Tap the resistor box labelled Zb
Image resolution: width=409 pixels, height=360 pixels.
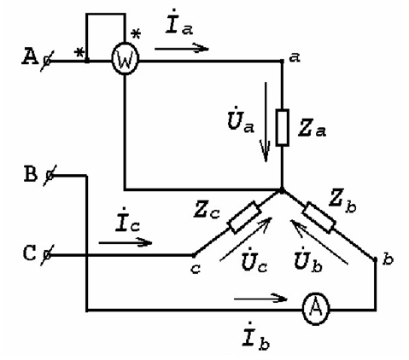click(x=318, y=218)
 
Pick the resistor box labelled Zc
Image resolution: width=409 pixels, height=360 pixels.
click(x=245, y=218)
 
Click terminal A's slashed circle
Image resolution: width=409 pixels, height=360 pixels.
click(x=46, y=61)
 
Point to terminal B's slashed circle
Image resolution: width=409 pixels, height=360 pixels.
click(x=50, y=176)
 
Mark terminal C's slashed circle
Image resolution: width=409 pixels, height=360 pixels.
click(x=46, y=255)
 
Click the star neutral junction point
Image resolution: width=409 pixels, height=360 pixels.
click(x=282, y=190)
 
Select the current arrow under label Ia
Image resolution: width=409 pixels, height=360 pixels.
click(x=182, y=48)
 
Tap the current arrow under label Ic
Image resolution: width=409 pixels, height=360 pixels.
click(x=126, y=242)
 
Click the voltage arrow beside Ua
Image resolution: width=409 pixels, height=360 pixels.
click(x=266, y=122)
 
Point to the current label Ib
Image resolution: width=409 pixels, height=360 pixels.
click(x=256, y=336)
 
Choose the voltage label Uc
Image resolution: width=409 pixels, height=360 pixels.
click(x=254, y=259)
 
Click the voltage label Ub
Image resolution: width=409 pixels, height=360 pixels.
click(x=309, y=259)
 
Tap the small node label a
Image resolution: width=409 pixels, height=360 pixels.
click(x=295, y=58)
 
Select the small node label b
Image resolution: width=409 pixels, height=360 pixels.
click(x=388, y=259)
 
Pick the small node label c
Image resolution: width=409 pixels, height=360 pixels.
click(x=196, y=269)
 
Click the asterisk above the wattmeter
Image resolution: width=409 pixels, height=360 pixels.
click(x=136, y=34)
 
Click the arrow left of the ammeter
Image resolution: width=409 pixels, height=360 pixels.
click(x=260, y=299)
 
